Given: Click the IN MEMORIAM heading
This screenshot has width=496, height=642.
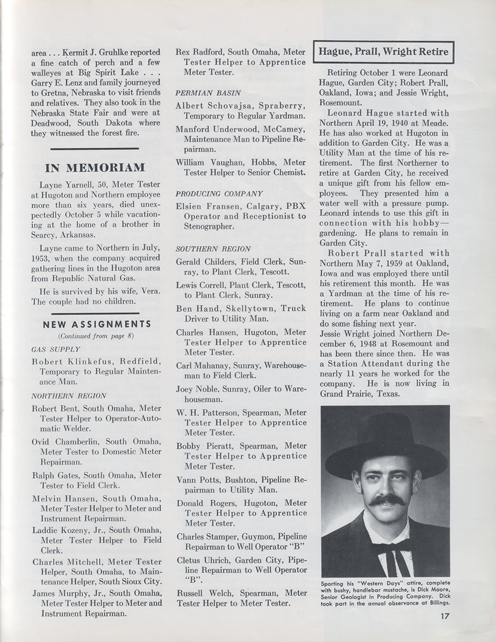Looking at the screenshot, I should click(x=95, y=168).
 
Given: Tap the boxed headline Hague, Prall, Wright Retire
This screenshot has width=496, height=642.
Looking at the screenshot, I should click(x=383, y=52).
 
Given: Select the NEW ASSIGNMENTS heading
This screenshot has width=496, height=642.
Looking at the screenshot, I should click(x=97, y=324).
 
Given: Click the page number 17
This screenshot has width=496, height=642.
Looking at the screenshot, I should click(x=443, y=615).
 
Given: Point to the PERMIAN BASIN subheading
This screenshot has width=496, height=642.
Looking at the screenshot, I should click(x=200, y=92).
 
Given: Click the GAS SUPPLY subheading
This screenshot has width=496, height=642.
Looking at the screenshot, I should click(x=56, y=349).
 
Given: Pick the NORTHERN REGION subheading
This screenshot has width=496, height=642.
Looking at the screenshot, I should click(x=69, y=396).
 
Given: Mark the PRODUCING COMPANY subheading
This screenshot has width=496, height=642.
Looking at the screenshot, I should click(x=211, y=193).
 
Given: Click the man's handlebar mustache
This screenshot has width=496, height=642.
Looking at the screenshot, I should click(x=386, y=500).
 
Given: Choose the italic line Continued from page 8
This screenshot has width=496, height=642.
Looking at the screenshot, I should click(x=96, y=336).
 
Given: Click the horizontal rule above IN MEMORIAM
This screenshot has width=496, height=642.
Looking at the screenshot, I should click(x=95, y=149).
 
